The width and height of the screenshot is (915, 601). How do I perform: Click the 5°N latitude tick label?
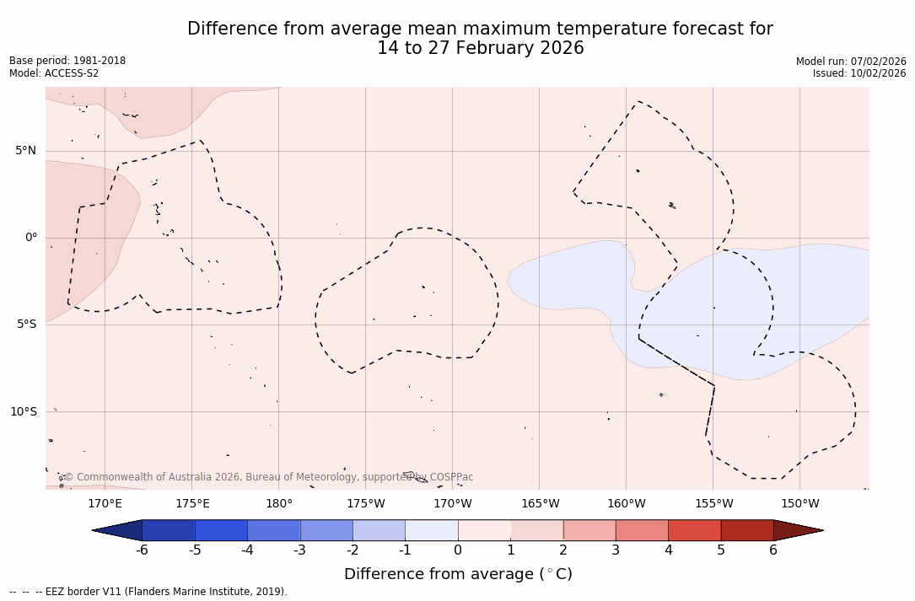tap(25, 151)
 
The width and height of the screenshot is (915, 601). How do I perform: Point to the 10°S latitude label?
tap(23, 411)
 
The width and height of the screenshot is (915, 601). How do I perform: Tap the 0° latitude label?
tap(31, 238)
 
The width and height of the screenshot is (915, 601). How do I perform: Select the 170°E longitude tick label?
tap(105, 504)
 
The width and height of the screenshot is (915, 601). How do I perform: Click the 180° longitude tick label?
tap(279, 504)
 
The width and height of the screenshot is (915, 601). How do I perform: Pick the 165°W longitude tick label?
tap(540, 504)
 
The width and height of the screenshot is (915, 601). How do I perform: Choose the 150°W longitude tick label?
tap(800, 504)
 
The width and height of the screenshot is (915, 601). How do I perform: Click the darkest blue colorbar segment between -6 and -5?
tap(169, 530)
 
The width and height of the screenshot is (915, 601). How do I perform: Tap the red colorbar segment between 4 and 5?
tap(694, 530)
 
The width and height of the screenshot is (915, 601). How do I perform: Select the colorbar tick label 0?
tap(458, 550)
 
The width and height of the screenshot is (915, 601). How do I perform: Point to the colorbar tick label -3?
tap(299, 550)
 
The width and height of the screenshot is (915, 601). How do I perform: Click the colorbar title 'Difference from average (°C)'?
tap(458, 574)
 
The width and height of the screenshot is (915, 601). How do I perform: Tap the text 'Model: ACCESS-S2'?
tap(54, 73)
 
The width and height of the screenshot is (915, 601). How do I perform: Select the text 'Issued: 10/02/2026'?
tap(859, 73)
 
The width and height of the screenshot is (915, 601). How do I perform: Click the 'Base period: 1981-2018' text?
tap(67, 61)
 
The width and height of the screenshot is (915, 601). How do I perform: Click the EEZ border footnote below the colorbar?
tap(148, 592)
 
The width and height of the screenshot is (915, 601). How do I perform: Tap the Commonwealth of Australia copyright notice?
tap(268, 477)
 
